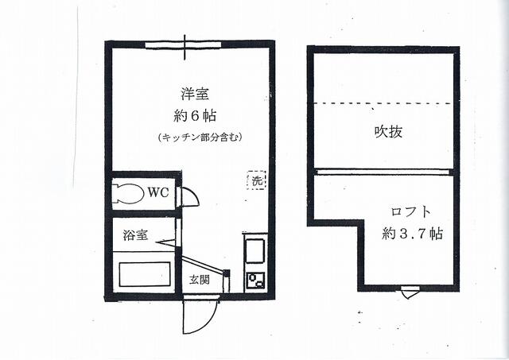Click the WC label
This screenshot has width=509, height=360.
pyautogui.click(x=157, y=192)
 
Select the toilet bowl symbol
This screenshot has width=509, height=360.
pyautogui.click(x=127, y=193)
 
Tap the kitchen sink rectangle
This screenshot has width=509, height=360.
pyautogui.click(x=255, y=250)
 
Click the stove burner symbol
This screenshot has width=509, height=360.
pyautogui.click(x=255, y=281)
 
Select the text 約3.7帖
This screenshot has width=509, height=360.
pyautogui.click(x=411, y=234)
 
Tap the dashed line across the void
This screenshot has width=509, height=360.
pyautogui.click(x=385, y=103)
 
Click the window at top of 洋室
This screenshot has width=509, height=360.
pyautogui.click(x=185, y=45)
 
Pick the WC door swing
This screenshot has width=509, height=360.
pyautogui.click(x=189, y=197)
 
